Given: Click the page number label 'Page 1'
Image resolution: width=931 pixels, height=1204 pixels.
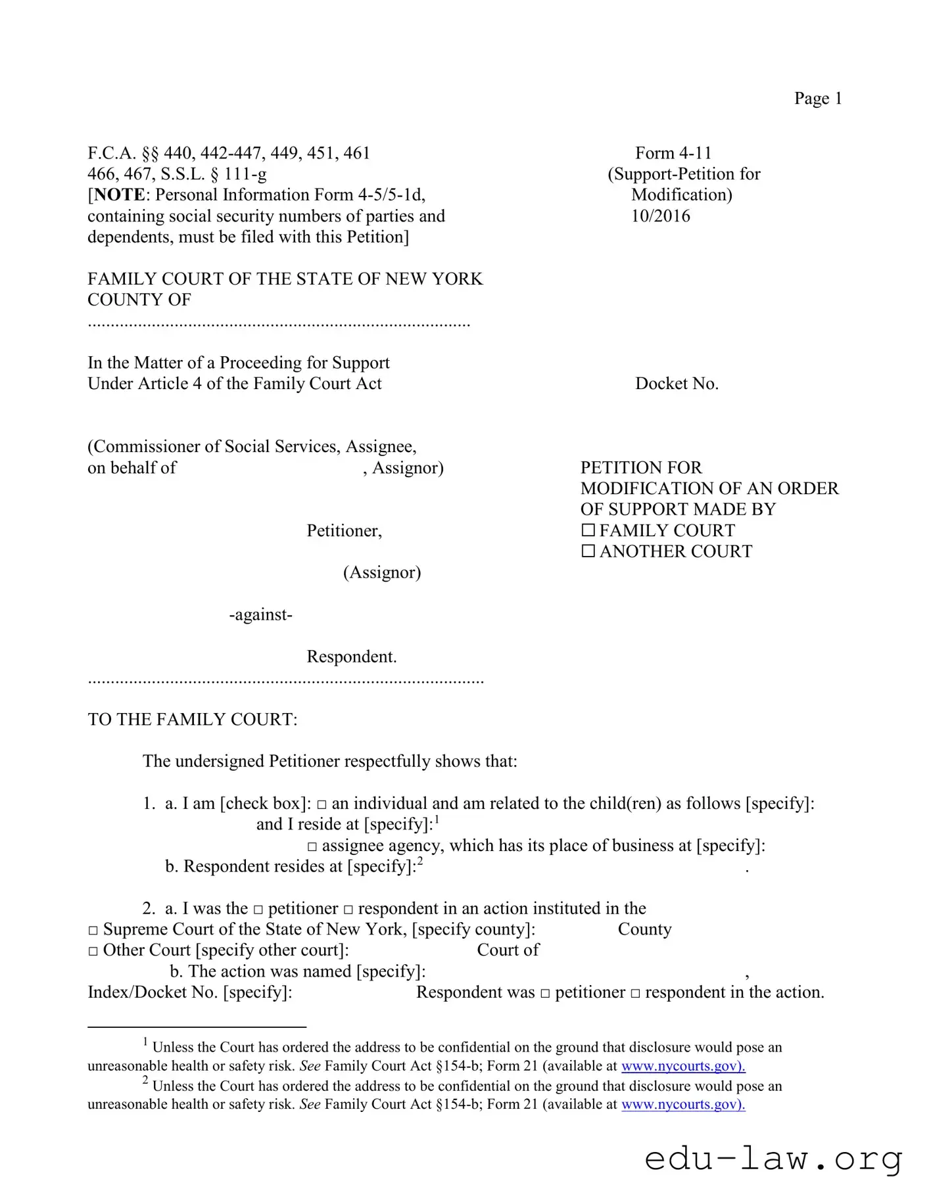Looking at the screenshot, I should coord(817,99).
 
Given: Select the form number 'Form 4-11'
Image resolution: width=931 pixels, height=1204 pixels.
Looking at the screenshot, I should coord(673,153).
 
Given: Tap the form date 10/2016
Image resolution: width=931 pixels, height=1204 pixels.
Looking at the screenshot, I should coord(660,216).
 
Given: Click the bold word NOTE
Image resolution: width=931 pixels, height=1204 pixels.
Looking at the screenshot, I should coord(119,195).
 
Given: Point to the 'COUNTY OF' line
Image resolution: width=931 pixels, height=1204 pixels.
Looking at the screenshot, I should coord(139,300).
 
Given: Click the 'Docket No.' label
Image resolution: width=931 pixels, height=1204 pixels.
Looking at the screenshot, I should coord(677,384).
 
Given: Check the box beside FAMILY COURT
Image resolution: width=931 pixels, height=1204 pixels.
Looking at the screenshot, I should coord(588,530).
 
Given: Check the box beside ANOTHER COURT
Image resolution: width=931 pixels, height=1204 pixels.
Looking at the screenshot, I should coord(588,551).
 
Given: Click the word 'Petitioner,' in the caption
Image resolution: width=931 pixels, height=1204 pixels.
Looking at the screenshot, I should coord(344,530).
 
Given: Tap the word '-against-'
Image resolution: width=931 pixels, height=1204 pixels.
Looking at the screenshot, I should coord(260,614).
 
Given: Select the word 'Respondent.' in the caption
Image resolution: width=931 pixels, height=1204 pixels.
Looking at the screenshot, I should coord(351,657).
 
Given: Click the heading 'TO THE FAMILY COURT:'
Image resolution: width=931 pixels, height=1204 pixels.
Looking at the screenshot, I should coord(193,720).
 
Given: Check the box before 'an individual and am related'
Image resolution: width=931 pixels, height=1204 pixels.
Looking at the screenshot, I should coord(322,804).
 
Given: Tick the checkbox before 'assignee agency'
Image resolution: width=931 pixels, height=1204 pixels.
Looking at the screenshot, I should coord(312,846).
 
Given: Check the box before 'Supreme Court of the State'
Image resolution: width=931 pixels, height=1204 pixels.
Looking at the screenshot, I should coord(93,930).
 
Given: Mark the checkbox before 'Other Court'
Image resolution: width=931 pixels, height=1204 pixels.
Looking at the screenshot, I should coord(93,951).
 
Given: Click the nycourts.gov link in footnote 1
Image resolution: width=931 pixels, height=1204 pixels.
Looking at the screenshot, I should coord(682,1066).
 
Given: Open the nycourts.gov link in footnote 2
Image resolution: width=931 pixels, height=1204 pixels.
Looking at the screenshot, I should coord(682,1104).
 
